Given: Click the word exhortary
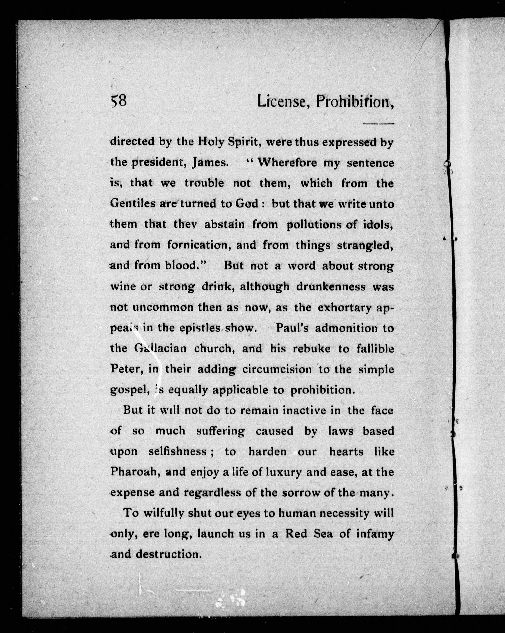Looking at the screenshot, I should [345, 307].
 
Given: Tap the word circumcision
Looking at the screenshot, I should [277, 369].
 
